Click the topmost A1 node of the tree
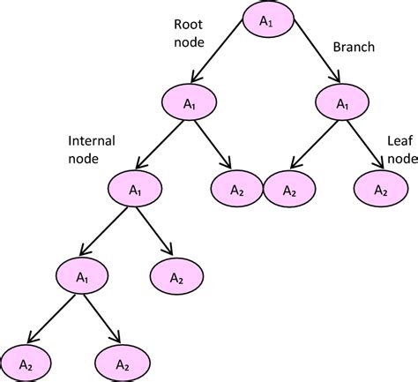[x=268, y=21]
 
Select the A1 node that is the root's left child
[x=189, y=103]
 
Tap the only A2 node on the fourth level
[x=176, y=276]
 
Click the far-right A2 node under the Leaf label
[x=380, y=189]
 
